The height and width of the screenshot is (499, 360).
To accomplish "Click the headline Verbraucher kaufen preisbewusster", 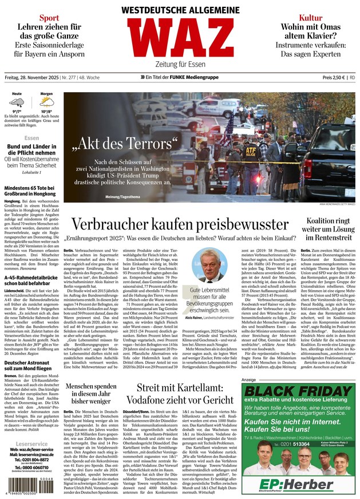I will [x=180, y=225].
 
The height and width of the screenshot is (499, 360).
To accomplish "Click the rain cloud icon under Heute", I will [x=17, y=103].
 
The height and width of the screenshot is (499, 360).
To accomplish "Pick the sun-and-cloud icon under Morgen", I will [x=47, y=103].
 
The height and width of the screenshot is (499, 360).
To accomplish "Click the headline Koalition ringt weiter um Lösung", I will [x=327, y=228].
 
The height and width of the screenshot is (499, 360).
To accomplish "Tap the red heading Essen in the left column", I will [x=31, y=138].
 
